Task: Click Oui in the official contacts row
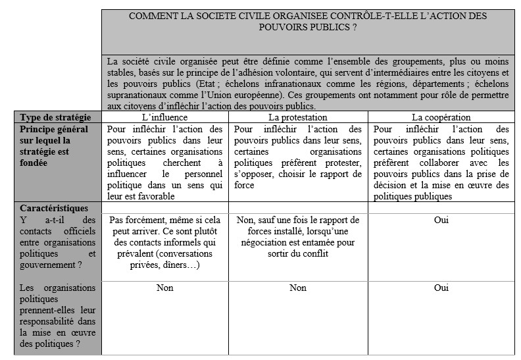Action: (441, 220)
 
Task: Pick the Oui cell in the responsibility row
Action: (441, 288)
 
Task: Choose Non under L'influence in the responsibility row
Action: (164, 288)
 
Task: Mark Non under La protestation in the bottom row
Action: (298, 288)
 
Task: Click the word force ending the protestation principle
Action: (245, 185)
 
